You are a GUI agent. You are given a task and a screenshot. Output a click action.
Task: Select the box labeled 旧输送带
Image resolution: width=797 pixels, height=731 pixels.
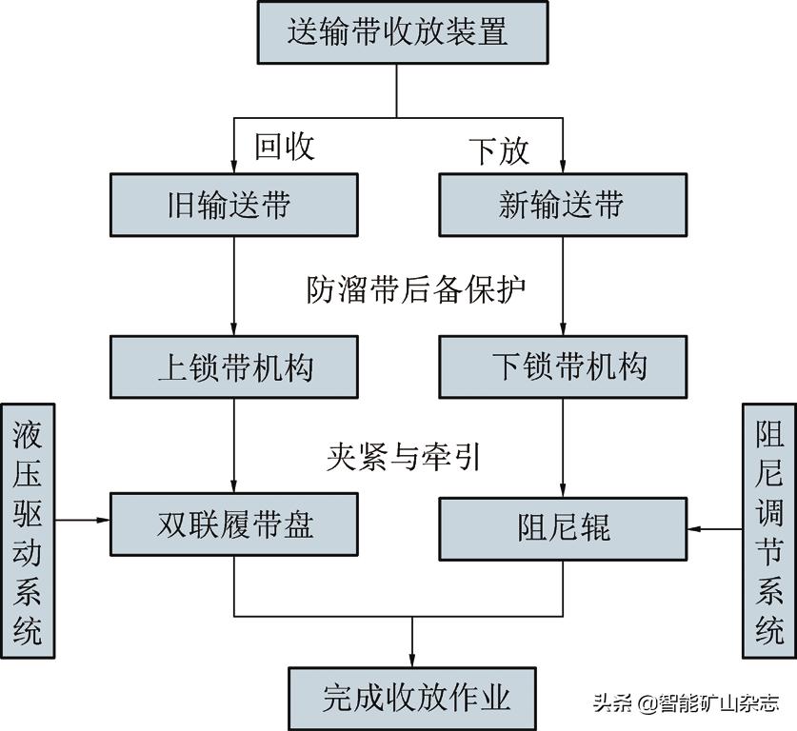coord(234,205)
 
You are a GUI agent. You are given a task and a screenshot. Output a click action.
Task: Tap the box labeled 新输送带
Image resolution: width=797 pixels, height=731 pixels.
coord(562,205)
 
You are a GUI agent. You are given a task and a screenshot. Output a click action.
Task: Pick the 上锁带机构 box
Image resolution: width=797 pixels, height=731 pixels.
coord(234,366)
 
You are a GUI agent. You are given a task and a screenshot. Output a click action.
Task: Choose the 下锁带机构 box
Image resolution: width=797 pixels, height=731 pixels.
coord(562,366)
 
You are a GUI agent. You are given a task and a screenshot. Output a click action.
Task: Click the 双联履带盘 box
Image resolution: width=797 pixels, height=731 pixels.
coord(234,524)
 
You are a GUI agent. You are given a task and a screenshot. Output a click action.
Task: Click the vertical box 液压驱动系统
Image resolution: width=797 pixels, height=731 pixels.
coord(28,531)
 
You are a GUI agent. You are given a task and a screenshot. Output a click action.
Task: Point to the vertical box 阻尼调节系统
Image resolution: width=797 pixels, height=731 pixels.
coord(768,529)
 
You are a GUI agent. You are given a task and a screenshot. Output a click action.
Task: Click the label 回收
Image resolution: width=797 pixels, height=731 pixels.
coord(284,147)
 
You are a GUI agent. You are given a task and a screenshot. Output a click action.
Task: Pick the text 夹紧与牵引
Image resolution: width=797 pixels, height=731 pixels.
coord(403,458)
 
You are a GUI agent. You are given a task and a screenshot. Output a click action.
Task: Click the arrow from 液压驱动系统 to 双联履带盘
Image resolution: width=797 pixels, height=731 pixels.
coord(83,520)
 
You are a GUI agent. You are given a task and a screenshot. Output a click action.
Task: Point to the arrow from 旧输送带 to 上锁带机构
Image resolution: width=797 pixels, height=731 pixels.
coord(234,286)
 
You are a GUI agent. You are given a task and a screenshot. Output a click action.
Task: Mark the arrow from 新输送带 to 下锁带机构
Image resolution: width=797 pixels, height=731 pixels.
coord(562,286)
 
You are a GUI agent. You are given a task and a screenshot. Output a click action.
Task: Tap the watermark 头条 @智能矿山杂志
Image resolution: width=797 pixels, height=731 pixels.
coord(686,703)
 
